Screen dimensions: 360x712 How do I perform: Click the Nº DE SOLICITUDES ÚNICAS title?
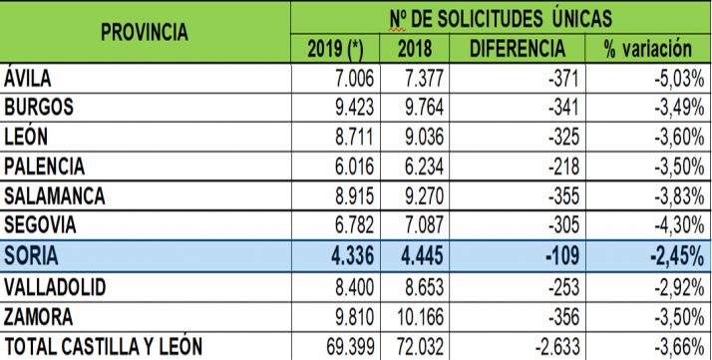[x=500, y=17]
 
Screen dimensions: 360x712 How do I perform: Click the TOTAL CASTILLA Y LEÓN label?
[x=104, y=346]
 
